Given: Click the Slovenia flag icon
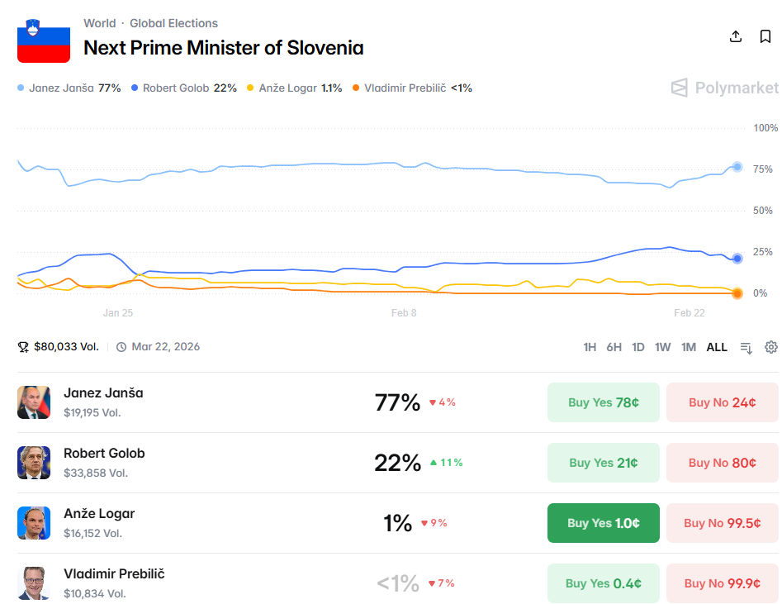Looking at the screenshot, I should pos(44,40).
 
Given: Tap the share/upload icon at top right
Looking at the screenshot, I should pos(736,37).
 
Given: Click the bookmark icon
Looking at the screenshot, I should pos(765,37).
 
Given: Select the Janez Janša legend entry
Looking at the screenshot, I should pos(69,88).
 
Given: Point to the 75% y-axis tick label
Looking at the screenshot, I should pos(763,169).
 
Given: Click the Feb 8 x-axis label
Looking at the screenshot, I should pos(404,313).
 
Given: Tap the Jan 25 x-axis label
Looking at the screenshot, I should pos(118,313).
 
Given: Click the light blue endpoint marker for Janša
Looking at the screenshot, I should pos(737,167).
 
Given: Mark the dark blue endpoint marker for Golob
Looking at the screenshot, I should pos(737,259).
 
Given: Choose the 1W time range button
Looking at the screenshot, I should pos(662,347).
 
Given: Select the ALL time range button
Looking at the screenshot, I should pos(717,347).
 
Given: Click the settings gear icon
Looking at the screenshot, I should pos(771,347).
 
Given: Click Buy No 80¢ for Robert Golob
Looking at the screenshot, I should pos(722,463).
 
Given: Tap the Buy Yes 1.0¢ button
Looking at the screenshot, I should pos(603,523).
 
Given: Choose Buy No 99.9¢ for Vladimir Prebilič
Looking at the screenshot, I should pos(722,583).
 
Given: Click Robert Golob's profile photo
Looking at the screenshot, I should pos(34,463).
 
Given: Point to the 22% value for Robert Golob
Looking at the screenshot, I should pos(397,463).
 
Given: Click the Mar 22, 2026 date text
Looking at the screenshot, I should pos(165,347).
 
